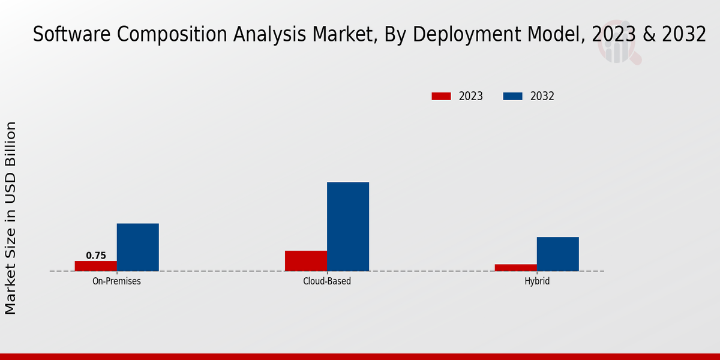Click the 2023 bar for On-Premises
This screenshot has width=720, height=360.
pos(96,266)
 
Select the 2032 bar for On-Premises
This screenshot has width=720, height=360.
pos(138,247)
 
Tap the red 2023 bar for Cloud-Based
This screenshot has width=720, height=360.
pos(306,260)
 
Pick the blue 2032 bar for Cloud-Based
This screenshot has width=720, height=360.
pos(348,227)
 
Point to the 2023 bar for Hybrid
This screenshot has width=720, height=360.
pos(516,268)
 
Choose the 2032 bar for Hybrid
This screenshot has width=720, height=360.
pos(558,254)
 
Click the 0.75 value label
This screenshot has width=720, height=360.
pos(96,256)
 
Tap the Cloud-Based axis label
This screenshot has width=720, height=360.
pos(327,281)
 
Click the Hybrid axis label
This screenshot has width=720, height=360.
pos(537,281)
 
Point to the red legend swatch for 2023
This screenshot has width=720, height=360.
pos(441,96)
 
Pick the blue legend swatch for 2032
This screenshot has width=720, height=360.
pos(512,96)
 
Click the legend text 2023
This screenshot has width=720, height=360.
pos(471,96)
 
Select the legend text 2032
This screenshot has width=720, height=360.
pos(542,96)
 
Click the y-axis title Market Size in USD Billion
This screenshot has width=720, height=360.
pos(11,217)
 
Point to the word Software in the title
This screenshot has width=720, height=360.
pos(67,35)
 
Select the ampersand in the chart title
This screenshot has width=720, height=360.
pos(650,35)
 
